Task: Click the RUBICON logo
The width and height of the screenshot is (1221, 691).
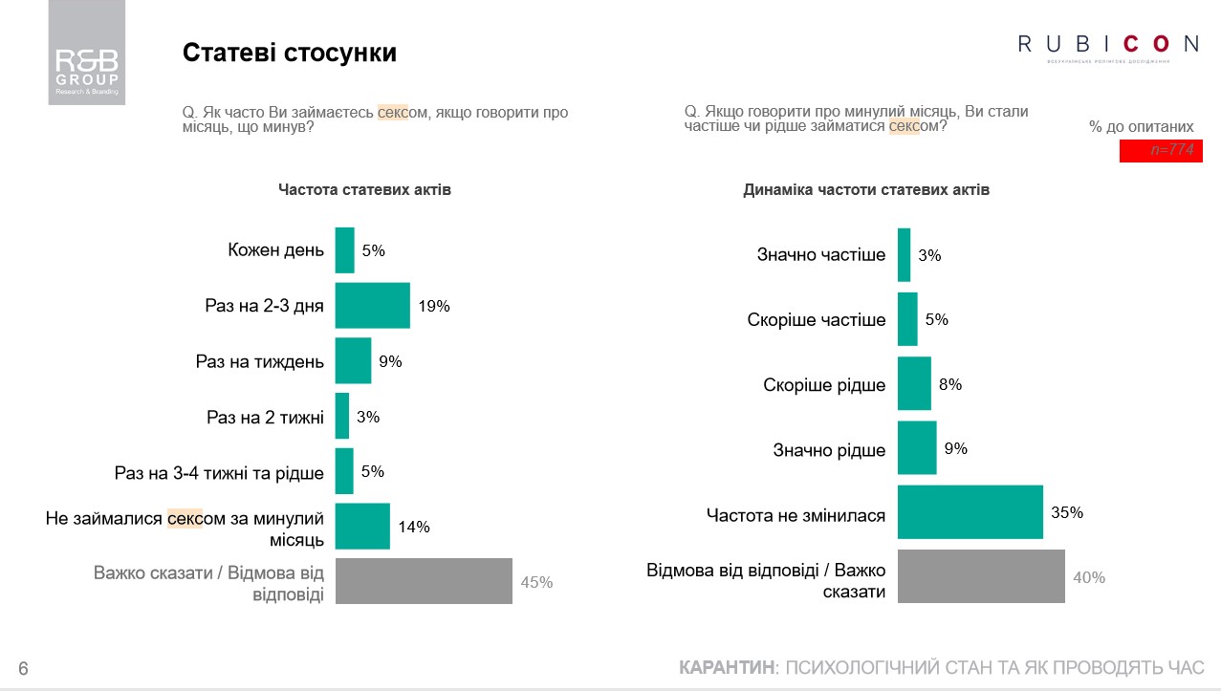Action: point(1107,44)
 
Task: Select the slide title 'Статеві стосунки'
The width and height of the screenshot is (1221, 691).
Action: point(289,53)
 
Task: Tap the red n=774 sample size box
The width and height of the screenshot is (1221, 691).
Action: point(1161,151)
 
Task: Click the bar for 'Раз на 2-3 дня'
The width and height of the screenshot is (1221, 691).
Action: point(372,306)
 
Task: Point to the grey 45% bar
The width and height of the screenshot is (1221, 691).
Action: point(424,581)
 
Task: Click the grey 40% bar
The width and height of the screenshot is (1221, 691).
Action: point(981,576)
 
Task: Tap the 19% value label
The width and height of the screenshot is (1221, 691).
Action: point(433,307)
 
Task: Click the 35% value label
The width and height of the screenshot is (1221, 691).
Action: point(1067,513)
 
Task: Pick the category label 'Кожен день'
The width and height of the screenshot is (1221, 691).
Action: point(275,250)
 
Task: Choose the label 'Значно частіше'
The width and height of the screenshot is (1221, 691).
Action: point(821,255)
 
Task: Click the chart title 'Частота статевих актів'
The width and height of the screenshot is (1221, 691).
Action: point(364,190)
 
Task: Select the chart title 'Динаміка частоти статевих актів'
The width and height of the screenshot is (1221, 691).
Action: point(866,190)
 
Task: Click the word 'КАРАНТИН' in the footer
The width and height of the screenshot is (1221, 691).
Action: point(726,667)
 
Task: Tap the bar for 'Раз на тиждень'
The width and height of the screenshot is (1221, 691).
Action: point(353,361)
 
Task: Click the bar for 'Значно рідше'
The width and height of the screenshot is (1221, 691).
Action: point(917,448)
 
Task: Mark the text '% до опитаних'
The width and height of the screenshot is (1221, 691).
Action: point(1141,126)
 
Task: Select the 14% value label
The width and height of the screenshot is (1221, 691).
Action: point(414,527)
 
